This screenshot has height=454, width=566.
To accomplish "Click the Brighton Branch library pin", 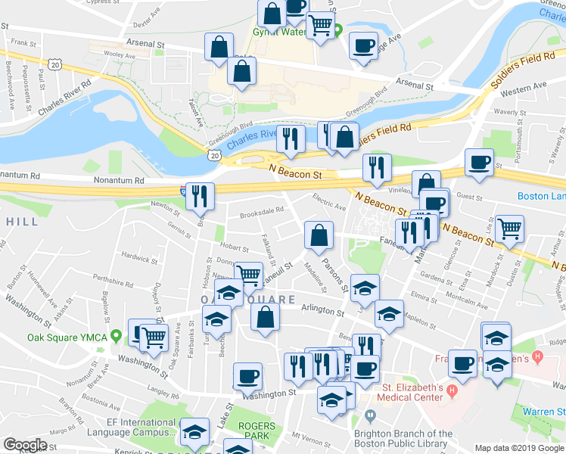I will pyautogui.click(x=370, y=415).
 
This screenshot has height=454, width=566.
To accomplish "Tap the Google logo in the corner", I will pyautogui.click(x=25, y=445).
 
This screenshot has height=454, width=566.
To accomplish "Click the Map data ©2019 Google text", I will pyautogui.click(x=519, y=448).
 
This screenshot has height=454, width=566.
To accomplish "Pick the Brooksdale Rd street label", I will pyautogui.click(x=262, y=212).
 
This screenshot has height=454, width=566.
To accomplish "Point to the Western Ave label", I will pyautogui.click(x=523, y=89).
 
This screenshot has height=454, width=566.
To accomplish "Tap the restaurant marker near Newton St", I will pyautogui.click(x=200, y=197).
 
